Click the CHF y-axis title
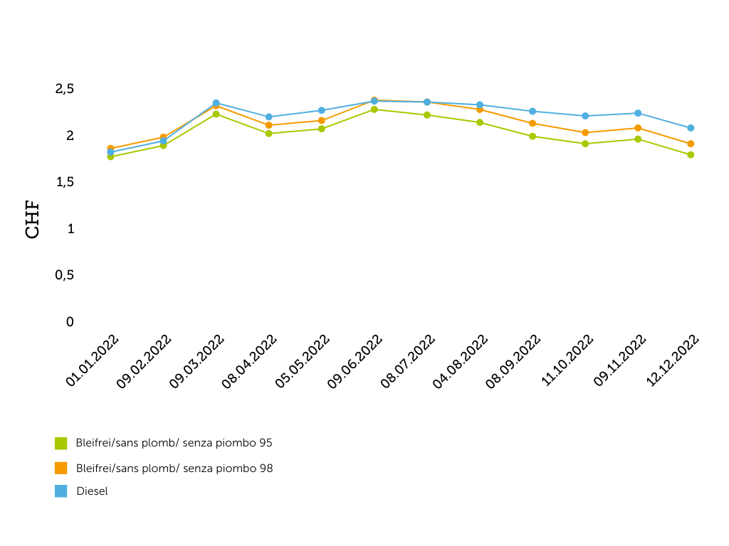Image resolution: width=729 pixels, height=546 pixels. [x=33, y=221]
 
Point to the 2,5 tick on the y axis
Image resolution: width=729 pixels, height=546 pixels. [x=64, y=89]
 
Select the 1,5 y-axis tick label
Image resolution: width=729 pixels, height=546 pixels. [x=64, y=182]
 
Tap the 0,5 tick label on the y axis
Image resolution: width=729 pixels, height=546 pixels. [x=64, y=275]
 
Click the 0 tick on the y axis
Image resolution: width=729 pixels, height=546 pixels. [x=70, y=322]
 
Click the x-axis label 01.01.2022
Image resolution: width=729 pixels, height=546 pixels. [x=93, y=361]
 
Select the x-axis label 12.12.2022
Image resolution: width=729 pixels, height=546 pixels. [x=673, y=361]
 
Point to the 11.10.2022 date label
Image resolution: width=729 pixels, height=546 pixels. [x=567, y=361]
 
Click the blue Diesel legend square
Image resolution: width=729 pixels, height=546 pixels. [x=61, y=491]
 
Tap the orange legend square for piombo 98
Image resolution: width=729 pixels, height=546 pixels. [x=61, y=469]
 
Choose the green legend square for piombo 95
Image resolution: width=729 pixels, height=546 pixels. [x=61, y=443]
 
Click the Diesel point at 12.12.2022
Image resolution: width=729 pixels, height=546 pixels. [x=691, y=128]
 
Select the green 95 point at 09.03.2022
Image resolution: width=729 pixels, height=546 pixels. [x=216, y=114]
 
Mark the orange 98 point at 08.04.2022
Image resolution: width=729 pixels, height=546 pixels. [x=268, y=125]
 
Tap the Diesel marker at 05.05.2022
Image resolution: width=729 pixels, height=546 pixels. [x=321, y=110]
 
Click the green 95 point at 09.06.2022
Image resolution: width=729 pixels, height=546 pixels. [x=374, y=109]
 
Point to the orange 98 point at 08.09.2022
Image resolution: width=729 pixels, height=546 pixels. [x=533, y=123]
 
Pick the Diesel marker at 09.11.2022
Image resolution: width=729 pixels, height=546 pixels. [x=638, y=113]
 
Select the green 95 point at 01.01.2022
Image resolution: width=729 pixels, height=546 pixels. [x=110, y=156]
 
